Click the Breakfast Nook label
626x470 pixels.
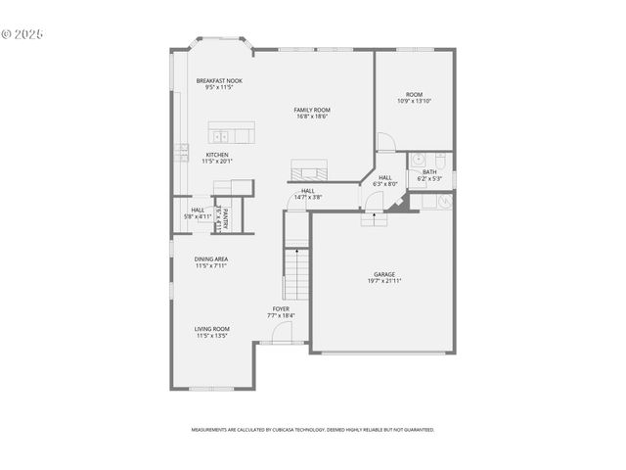[x=218, y=80]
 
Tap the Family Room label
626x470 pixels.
[x=312, y=110]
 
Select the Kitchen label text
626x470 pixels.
[x=217, y=154]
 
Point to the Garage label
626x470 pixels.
[x=384, y=274]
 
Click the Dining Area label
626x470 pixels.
[x=211, y=258]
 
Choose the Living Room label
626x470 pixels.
[x=211, y=328]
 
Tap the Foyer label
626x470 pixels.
[x=281, y=309]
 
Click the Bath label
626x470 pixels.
[x=429, y=172]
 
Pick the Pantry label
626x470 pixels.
[x=224, y=216]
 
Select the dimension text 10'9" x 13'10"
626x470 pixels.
[x=414, y=101]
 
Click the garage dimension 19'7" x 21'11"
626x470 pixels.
[x=384, y=281]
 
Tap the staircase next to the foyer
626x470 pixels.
[x=297, y=274]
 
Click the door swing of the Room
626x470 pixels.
[x=385, y=142]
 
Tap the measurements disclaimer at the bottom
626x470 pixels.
[x=312, y=429]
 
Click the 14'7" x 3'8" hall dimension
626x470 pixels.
[x=308, y=197]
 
